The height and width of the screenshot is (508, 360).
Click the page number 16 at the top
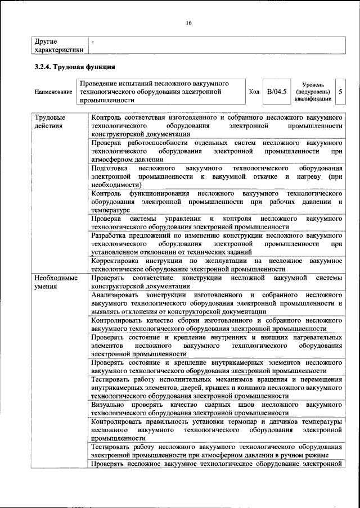pos(189,22)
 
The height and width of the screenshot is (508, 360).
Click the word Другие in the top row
pos(46,42)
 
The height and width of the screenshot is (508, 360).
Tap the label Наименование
pos(53,92)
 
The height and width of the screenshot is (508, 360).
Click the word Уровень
pos(312,84)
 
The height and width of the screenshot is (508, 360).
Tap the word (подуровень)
pos(312,91)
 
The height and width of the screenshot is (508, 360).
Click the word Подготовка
pos(109,168)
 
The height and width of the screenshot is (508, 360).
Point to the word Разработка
pos(110,235)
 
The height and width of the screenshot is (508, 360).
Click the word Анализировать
pos(117,294)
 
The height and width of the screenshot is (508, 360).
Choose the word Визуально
pos(107,404)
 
